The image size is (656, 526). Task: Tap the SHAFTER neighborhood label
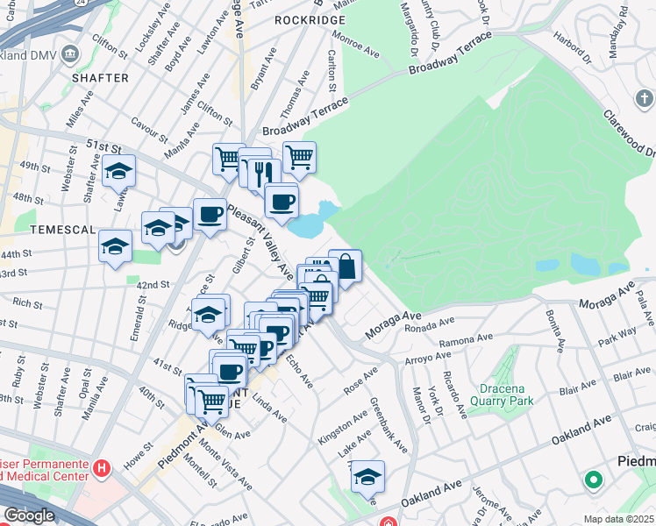click(x=100, y=78)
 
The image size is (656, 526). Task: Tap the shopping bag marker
click(x=346, y=266)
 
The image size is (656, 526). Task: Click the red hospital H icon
click(x=103, y=468)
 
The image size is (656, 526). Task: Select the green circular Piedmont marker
click(x=594, y=480)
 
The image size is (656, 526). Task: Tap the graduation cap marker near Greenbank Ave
click(x=367, y=476)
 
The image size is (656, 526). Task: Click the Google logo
click(x=28, y=515)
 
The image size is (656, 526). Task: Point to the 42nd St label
click(x=152, y=285)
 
